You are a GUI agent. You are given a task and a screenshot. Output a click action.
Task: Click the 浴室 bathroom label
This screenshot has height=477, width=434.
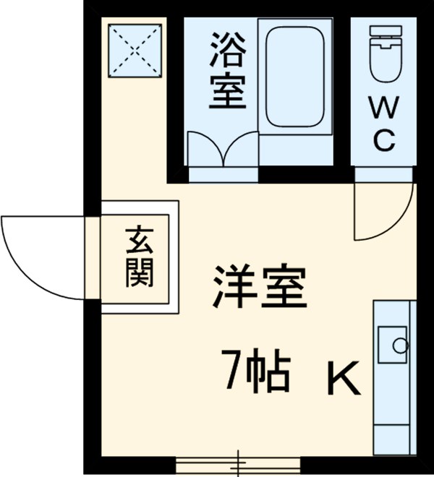click(226, 71)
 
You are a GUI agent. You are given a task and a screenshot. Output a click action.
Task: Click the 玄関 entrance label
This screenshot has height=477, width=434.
click(139, 257)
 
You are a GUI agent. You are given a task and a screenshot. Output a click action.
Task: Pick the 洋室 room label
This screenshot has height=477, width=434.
click(259, 288)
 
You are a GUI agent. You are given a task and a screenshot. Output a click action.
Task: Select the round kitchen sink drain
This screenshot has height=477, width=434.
click(399, 345)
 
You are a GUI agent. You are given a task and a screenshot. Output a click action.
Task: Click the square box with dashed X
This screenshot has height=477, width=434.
click(135, 49)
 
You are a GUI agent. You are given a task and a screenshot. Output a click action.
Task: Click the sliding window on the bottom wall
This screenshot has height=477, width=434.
click(238, 460)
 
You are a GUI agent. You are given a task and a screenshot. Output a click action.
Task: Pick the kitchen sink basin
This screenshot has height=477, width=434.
click(394, 347)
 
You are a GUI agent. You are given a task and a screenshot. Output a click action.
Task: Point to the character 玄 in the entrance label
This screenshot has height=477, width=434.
click(139, 241)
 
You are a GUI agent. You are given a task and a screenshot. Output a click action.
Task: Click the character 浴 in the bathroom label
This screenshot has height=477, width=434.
click(226, 48)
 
